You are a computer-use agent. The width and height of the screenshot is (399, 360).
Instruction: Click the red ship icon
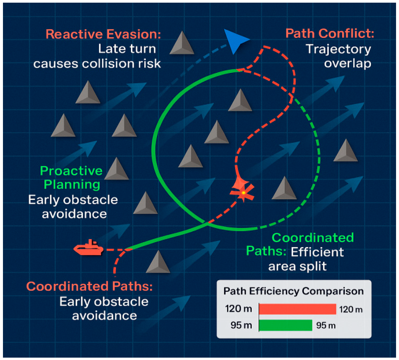click(x=88, y=248)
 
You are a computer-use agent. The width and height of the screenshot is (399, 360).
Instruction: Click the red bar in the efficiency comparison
click(x=297, y=309)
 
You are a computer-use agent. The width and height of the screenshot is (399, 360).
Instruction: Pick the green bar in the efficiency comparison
click(x=286, y=325)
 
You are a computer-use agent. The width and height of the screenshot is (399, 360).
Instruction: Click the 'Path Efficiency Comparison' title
click(x=293, y=291)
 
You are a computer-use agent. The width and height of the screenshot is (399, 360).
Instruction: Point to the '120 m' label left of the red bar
click(x=238, y=309)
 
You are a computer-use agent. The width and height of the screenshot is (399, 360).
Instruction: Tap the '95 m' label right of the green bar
click(x=326, y=325)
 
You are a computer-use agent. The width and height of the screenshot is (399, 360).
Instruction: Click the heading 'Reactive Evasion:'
click(x=103, y=34)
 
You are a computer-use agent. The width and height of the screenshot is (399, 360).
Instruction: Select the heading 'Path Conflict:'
click(x=329, y=33)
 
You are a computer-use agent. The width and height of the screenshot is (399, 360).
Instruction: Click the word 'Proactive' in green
click(x=71, y=171)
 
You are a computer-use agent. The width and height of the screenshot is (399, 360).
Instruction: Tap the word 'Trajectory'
click(x=338, y=49)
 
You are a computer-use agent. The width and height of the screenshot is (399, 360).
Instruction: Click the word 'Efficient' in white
click(x=317, y=252)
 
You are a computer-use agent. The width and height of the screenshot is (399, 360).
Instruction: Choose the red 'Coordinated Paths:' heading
click(x=89, y=286)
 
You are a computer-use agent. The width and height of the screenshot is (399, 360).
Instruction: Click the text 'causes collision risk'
click(x=97, y=64)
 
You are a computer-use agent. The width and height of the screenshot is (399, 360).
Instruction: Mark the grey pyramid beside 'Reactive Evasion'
click(x=182, y=44)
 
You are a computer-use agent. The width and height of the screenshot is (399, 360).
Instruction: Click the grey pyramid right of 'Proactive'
click(x=117, y=170)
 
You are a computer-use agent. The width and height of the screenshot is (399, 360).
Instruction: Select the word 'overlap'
click(x=347, y=63)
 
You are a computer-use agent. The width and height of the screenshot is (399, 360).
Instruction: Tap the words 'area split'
click(x=297, y=266)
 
